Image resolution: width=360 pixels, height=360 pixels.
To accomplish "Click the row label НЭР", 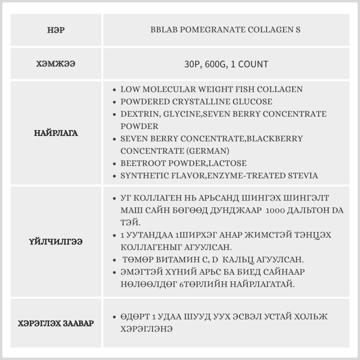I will click(x=56, y=30).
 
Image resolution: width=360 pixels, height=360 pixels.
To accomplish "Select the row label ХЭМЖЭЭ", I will click(x=56, y=64).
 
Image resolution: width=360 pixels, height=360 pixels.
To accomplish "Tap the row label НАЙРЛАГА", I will click(x=56, y=133).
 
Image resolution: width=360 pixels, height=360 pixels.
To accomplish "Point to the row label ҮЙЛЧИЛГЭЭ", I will click(x=56, y=242).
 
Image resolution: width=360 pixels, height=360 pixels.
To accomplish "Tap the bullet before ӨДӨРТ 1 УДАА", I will click(x=114, y=317).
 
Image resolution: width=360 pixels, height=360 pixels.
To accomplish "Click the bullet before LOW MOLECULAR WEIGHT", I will click(x=114, y=90).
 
